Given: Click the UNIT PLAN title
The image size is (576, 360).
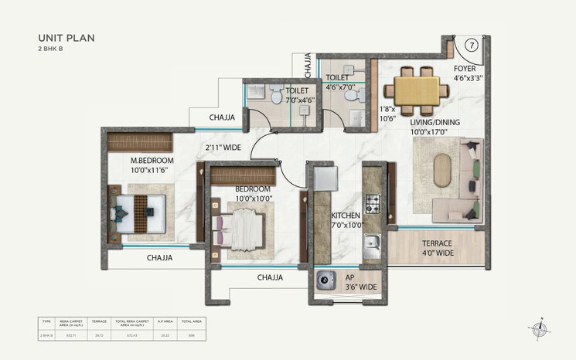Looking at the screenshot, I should tap(70, 36).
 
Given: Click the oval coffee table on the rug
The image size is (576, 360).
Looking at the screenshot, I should tap(441, 171).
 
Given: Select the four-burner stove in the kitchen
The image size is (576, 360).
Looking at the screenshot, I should tap(372, 204).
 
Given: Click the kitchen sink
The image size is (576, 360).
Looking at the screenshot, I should tap(372, 246).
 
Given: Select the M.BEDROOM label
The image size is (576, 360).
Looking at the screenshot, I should tap(152, 161).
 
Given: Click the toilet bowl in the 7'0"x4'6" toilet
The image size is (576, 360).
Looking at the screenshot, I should tap(275, 96).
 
